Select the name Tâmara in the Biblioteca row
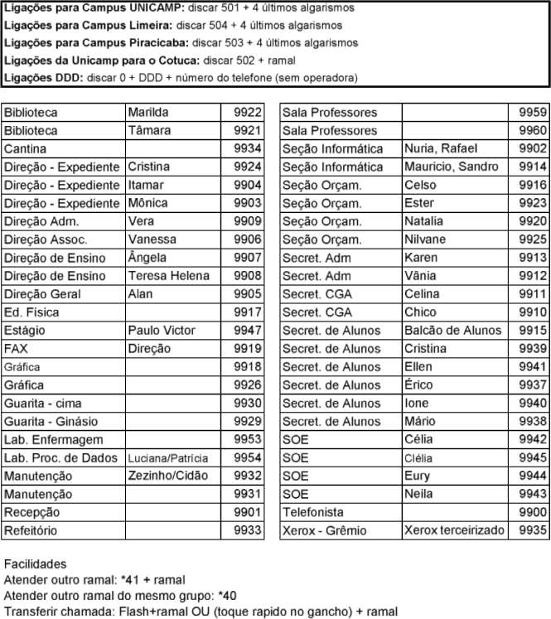coord(147,131)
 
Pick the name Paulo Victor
coord(161,331)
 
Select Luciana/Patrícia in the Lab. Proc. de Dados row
coord(167,458)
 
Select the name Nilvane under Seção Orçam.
coord(426,239)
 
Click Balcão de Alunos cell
coord(452,331)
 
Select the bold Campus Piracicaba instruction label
coord(96,42)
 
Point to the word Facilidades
coord(36,563)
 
